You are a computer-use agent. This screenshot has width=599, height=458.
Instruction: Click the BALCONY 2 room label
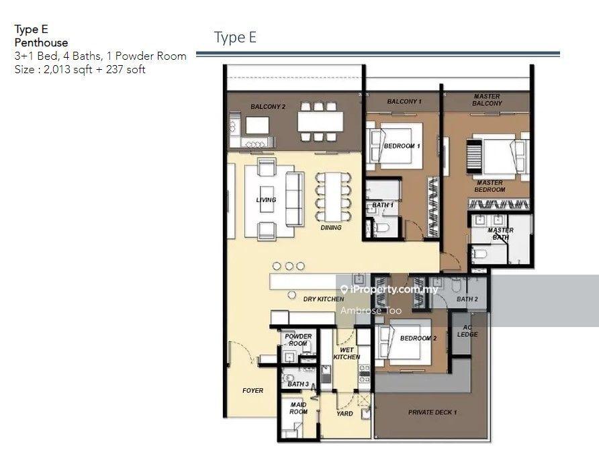pos(268,107)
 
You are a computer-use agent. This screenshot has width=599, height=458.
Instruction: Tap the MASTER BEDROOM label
pos(490,186)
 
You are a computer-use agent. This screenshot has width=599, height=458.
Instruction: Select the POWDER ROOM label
pos(298,340)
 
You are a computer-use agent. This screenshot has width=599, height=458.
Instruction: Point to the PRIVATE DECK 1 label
pos(432,412)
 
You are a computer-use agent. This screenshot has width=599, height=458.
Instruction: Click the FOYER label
pos(252,390)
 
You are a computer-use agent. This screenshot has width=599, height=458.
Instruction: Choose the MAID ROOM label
pos(298,408)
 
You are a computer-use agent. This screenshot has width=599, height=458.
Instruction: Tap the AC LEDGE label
pos(467,331)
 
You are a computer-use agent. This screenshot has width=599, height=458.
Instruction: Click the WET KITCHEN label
pos(347,353)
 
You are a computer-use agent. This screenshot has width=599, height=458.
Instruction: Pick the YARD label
pos(344,413)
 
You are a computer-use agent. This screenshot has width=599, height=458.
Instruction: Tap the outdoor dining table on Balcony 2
pos(320,122)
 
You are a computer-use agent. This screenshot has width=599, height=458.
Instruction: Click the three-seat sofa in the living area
pos(295,199)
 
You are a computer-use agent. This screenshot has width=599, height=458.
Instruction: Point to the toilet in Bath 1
pos(381,228)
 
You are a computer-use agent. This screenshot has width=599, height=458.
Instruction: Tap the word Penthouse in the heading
pos(41,42)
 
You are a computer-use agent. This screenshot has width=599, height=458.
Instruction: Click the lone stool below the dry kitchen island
pos(292,295)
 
